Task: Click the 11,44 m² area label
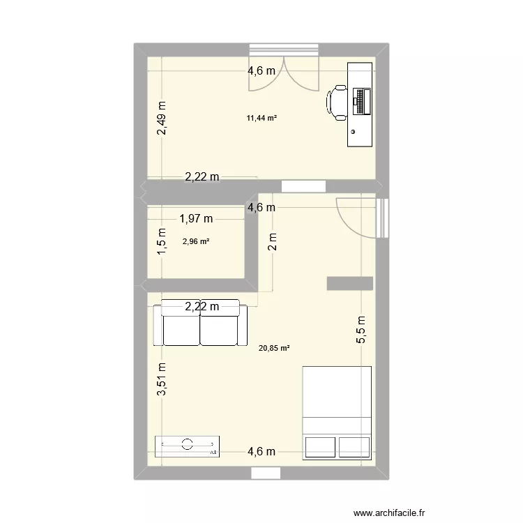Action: tap(261, 119)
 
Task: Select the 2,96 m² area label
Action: tap(196, 242)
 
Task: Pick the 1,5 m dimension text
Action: tap(162, 242)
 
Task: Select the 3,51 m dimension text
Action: tap(162, 379)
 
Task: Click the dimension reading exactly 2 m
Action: tap(273, 241)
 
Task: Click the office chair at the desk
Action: tap(337, 103)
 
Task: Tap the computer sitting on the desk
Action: tap(362, 102)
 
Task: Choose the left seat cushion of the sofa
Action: tap(181, 328)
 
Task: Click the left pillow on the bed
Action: tap(319, 446)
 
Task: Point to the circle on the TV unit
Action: tap(187, 444)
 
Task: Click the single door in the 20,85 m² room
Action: tap(356, 218)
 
